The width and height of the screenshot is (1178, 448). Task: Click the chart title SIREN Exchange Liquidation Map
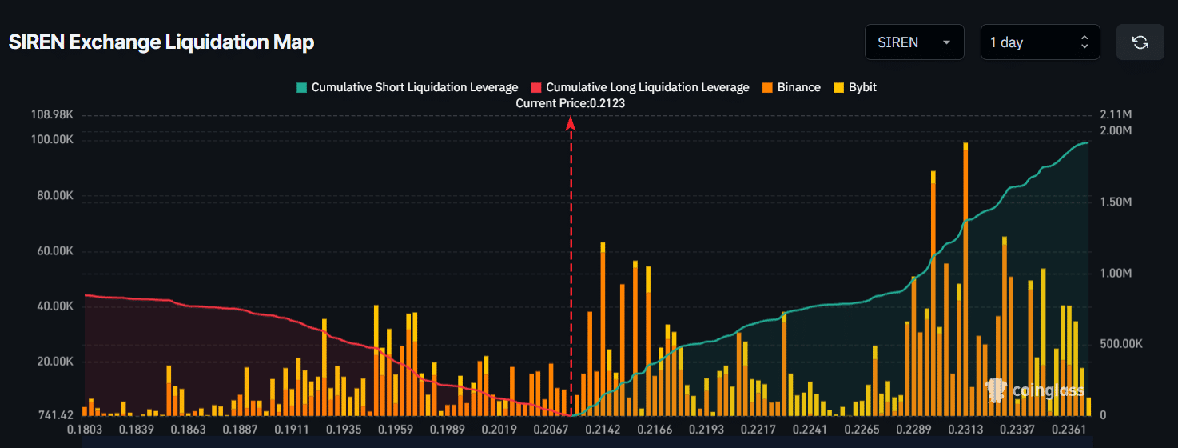point(161,42)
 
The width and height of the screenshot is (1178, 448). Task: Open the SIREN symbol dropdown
point(913,42)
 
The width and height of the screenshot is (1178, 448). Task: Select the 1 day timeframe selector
point(1039,42)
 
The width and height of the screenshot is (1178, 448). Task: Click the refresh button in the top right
point(1140,42)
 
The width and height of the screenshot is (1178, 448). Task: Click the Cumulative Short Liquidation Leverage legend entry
point(407,87)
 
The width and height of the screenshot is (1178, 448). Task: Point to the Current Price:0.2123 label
point(570,103)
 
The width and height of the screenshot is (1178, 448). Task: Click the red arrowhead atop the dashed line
point(571,123)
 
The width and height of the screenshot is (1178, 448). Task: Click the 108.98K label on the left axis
point(52,115)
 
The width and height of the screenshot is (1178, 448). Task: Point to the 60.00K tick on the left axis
point(53,251)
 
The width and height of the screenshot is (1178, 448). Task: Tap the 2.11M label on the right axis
point(1116,115)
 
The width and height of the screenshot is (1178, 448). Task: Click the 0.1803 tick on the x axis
point(84,430)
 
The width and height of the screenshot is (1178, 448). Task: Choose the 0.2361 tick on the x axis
point(1071,430)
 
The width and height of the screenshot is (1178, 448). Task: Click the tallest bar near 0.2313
point(965,280)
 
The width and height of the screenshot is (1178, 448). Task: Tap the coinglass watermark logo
point(1036,390)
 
